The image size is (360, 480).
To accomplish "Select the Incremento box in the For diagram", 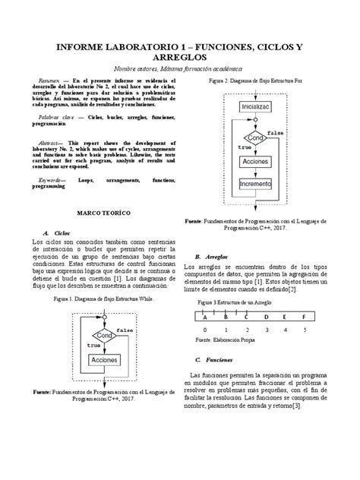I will pyautogui.click(x=261, y=184).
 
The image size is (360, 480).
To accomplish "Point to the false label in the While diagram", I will pyautogui.click(x=125, y=331).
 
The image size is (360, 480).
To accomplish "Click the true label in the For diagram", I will pyautogui.click(x=244, y=147).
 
